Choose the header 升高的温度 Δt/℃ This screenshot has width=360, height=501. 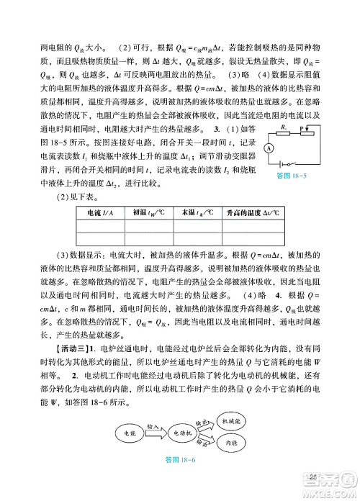tap(251, 213)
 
